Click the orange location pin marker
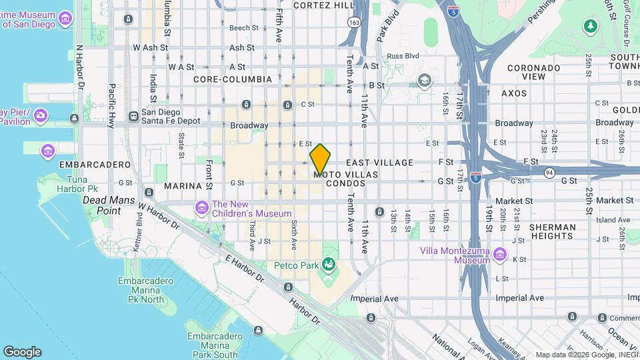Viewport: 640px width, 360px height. click(x=321, y=159)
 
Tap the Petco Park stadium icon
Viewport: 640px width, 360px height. click(x=328, y=266)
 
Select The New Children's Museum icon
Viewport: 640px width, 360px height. click(x=202, y=209)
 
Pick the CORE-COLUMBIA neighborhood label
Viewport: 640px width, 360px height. click(x=233, y=79)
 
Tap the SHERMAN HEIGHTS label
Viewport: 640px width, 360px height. click(x=553, y=231)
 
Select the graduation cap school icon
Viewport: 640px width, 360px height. click(x=424, y=81)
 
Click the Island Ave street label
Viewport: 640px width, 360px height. click(x=613, y=220)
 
